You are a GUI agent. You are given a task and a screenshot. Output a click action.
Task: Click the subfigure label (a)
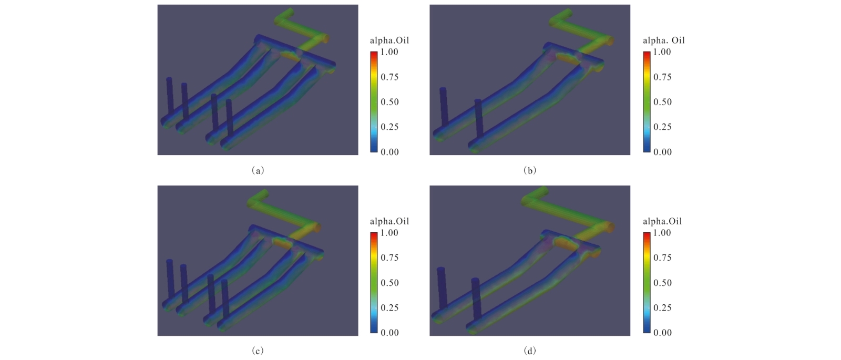(258, 170)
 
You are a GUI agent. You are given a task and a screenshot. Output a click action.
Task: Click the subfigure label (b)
(530, 170)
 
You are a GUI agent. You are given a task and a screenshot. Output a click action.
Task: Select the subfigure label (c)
(258, 351)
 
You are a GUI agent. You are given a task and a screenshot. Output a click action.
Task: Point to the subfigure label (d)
(530, 351)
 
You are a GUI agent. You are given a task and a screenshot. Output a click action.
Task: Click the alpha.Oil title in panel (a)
(389, 40)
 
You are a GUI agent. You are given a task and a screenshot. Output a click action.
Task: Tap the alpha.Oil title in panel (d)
(662, 221)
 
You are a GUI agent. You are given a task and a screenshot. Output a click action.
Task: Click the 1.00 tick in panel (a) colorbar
(389, 52)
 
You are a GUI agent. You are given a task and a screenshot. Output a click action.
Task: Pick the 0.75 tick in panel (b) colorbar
(662, 77)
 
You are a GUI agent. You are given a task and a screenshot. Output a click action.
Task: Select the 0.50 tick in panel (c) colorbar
(389, 283)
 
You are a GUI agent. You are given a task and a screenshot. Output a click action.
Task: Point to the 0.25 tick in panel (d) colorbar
(662, 307)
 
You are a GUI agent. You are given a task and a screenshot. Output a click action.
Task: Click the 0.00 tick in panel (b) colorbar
(662, 152)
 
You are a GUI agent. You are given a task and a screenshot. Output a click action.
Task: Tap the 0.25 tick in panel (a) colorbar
(389, 127)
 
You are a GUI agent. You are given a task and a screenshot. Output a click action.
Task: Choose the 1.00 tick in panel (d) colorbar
(662, 233)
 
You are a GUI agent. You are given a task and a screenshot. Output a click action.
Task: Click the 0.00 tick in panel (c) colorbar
(389, 333)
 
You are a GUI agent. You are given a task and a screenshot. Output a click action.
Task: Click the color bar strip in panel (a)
(374, 101)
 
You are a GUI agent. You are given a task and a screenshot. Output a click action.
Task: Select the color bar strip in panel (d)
(647, 282)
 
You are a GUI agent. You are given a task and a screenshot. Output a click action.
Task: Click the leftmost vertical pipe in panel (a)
(169, 100)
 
